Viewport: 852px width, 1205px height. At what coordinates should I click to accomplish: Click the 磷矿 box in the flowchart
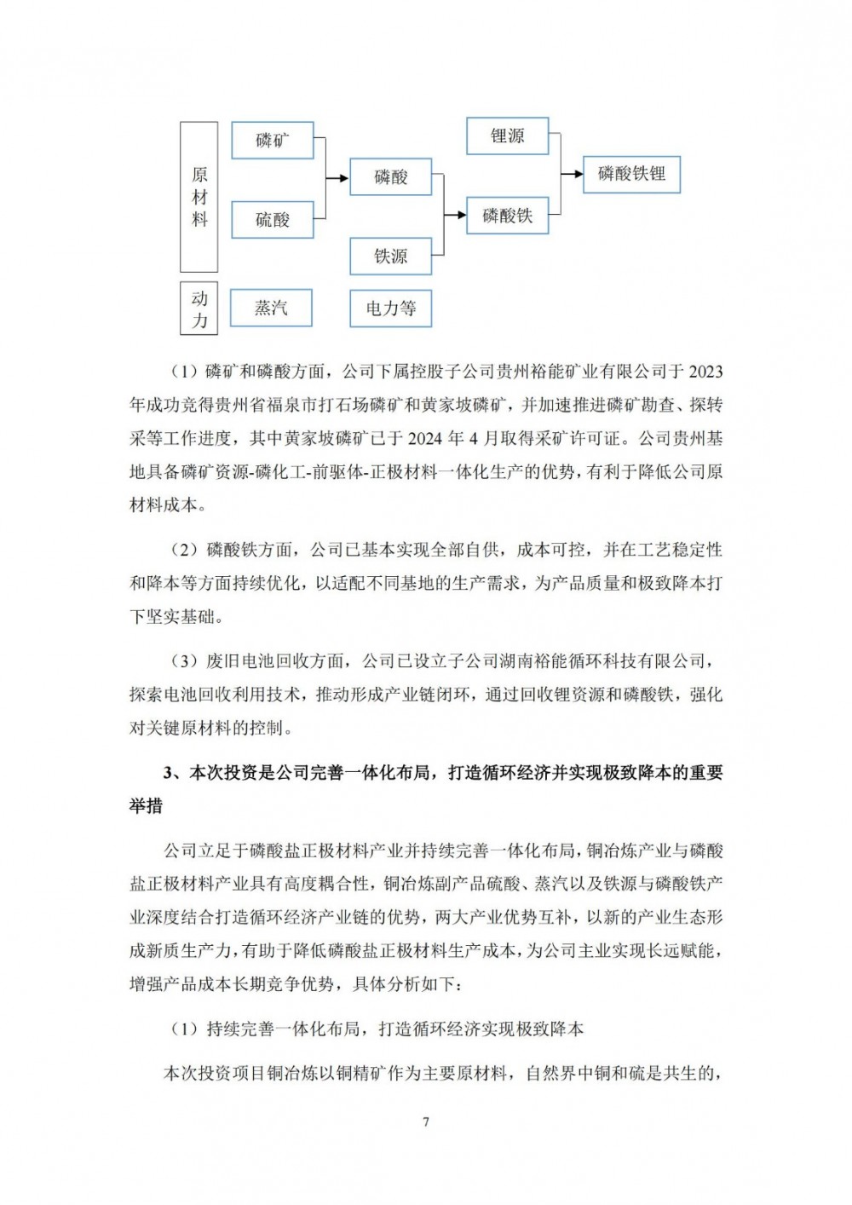(273, 141)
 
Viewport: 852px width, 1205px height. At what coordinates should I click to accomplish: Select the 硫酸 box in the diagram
(273, 220)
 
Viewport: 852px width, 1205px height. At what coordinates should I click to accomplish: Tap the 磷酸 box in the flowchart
(391, 177)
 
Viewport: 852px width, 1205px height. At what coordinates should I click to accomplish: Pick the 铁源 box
(391, 256)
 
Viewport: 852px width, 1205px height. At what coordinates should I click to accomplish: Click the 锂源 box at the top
(508, 136)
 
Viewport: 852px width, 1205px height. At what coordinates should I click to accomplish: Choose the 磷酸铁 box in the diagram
(508, 216)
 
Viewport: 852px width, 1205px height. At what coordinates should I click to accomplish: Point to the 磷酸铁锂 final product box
(631, 174)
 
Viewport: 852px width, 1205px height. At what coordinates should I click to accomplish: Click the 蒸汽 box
(272, 308)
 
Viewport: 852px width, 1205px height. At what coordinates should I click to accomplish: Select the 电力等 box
(391, 308)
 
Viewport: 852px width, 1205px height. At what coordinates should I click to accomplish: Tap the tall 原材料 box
(199, 197)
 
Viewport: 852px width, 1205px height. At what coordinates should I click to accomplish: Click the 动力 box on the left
(199, 308)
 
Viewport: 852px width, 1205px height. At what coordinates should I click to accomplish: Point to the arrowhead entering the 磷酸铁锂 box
(578, 175)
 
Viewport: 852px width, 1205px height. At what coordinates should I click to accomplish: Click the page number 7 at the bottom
(426, 1121)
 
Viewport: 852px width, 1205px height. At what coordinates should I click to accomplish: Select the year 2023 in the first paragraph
(705, 372)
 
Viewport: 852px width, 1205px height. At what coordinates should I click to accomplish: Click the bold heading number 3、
(174, 773)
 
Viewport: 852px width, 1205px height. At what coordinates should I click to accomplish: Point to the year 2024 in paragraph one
(425, 439)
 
